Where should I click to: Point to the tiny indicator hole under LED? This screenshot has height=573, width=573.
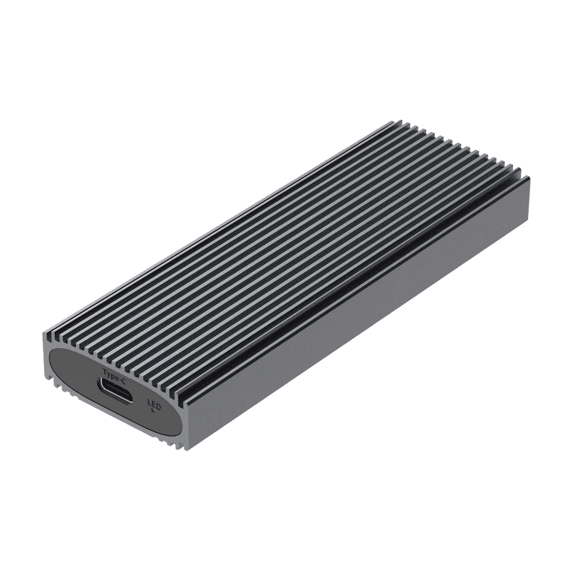click(154, 409)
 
